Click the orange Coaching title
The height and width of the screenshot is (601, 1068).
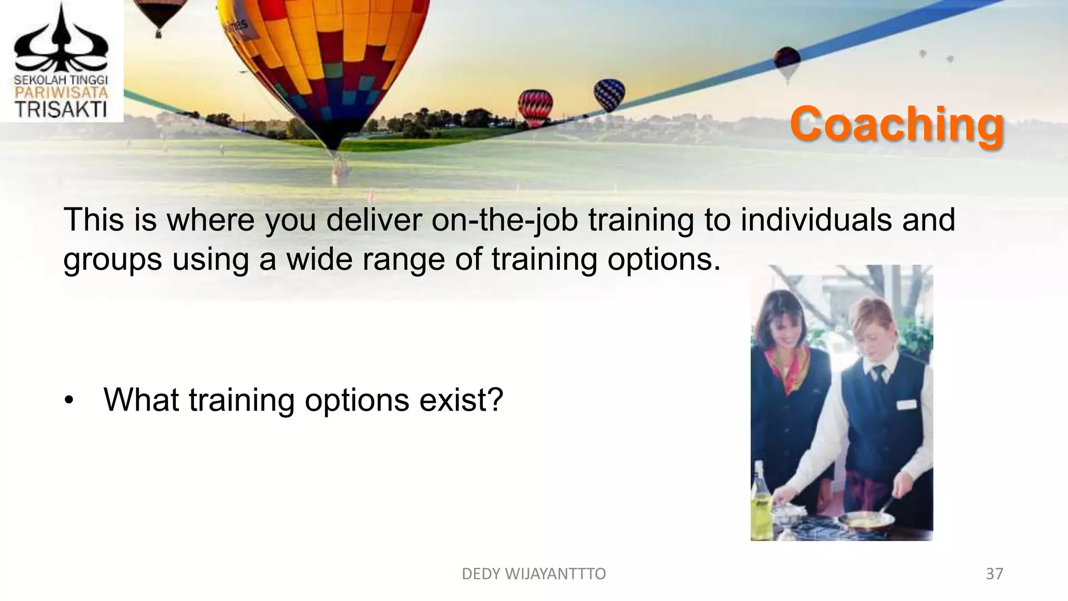(896, 124)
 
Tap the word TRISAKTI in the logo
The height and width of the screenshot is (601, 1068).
(61, 110)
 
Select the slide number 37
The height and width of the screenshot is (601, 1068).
(994, 574)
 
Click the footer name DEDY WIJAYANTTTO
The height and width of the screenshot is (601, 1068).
(533, 574)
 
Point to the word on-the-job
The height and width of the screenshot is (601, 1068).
(504, 220)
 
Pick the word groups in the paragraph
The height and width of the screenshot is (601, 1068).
(112, 259)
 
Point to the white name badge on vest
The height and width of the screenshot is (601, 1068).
(906, 404)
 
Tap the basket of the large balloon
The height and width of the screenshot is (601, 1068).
(340, 170)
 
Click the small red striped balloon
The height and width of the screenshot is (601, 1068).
(535, 107)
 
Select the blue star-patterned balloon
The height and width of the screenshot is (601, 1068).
(609, 94)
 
